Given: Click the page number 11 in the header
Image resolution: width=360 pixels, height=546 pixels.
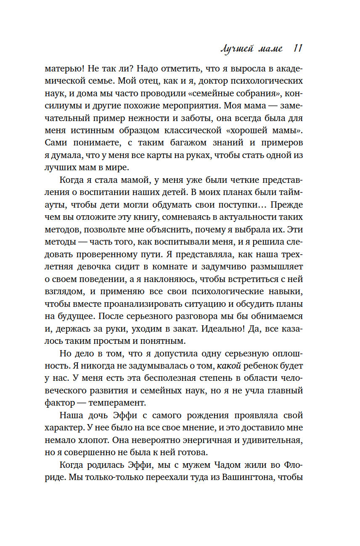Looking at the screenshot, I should [297, 49].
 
